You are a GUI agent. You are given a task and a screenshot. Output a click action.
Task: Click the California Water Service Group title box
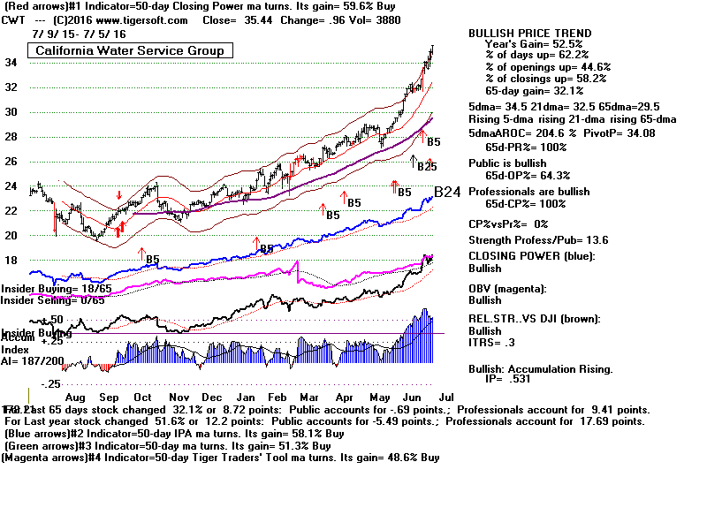tap(129, 50)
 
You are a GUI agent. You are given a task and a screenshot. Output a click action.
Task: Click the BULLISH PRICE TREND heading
tap(529, 34)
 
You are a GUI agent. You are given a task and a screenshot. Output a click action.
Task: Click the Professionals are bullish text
tap(528, 192)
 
